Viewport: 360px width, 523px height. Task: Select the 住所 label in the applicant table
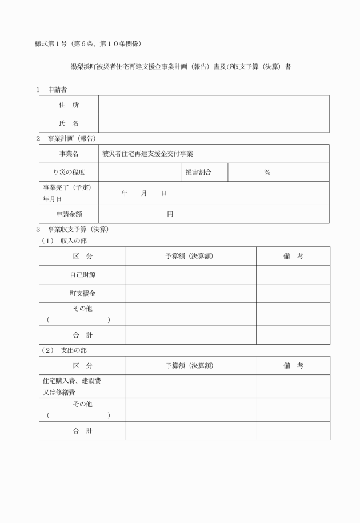pyautogui.click(x=69, y=105)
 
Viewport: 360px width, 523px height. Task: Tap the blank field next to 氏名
pyautogui.click(x=214, y=123)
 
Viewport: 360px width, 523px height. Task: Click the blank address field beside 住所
pyautogui.click(x=214, y=105)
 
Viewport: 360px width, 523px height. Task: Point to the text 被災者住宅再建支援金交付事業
pyautogui.click(x=147, y=154)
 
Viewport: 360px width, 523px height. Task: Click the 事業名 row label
pyautogui.click(x=69, y=154)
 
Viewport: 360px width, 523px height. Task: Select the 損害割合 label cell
pyautogui.click(x=198, y=172)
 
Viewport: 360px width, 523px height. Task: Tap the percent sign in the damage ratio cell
pyautogui.click(x=267, y=172)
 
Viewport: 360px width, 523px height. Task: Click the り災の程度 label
pyautogui.click(x=69, y=172)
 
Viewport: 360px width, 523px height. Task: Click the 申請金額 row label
pyautogui.click(x=69, y=214)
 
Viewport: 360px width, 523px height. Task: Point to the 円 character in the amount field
pyautogui.click(x=170, y=214)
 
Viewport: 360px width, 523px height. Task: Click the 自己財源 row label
pyautogui.click(x=82, y=275)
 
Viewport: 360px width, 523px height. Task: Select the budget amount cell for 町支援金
pyautogui.click(x=191, y=293)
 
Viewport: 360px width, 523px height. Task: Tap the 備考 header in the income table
pyautogui.click(x=293, y=256)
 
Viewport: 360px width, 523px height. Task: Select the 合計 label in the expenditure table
pyautogui.click(x=82, y=431)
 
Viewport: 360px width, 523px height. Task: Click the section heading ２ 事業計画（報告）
pyautogui.click(x=65, y=138)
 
